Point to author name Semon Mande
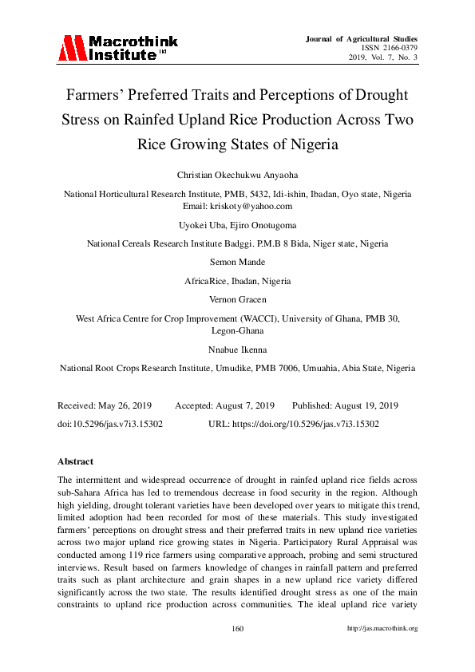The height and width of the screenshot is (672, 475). point(237,262)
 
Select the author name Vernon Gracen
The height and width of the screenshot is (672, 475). point(237,300)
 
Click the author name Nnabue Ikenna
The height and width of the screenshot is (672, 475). point(237,350)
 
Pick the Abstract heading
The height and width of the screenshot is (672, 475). point(76,461)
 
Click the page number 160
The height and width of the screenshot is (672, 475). point(237,629)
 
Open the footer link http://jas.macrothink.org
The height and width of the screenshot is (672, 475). point(382,629)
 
